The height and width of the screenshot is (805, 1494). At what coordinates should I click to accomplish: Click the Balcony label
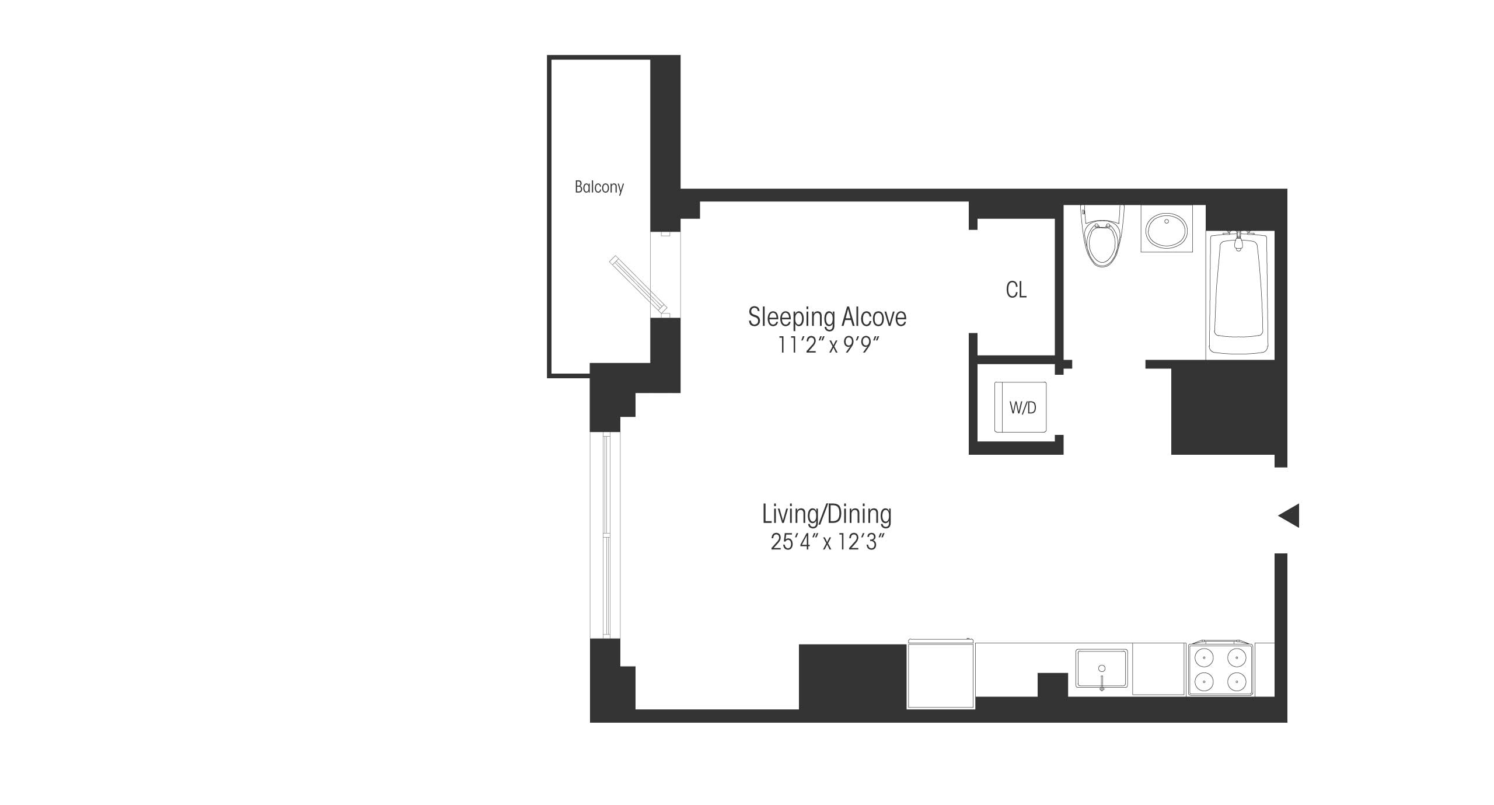pos(599,187)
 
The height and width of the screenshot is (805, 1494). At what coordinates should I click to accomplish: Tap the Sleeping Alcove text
pos(827,317)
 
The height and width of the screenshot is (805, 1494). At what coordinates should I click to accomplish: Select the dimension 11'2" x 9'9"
pos(827,346)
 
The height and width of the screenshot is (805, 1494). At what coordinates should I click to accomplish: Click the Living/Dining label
pos(827,514)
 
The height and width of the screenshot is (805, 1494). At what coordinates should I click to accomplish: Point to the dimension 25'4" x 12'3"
pos(827,542)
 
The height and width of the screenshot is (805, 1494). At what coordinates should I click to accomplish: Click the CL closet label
pos(1016,290)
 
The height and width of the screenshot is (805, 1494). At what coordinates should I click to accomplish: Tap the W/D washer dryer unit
pos(1021,407)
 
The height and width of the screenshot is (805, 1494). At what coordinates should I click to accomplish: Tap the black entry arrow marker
pos(1289,515)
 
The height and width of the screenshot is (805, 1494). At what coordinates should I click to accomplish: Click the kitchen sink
pos(1101,670)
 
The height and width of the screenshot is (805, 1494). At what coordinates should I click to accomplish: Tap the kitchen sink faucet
pos(1102,682)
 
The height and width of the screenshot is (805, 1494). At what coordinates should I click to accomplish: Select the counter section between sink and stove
pos(1158,669)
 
